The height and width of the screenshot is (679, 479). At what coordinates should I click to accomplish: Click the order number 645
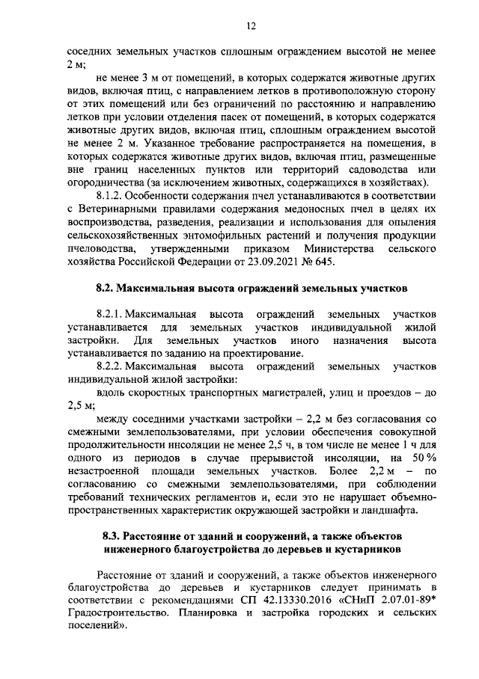(317, 262)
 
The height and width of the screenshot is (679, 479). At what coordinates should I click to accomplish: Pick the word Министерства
(341, 249)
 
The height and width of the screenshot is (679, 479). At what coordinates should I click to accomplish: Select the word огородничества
(105, 182)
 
